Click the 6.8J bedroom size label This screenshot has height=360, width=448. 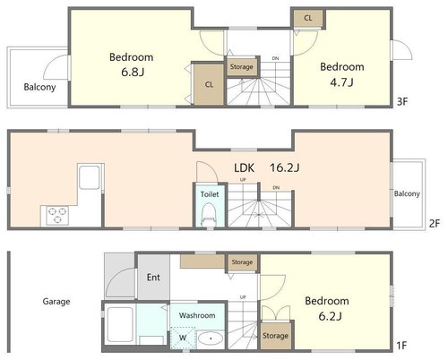tap(133, 73)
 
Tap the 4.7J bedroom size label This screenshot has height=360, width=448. tap(341, 81)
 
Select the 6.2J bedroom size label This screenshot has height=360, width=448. tap(330, 316)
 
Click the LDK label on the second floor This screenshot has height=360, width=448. tap(244, 167)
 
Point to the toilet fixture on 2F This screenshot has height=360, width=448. tap(209, 214)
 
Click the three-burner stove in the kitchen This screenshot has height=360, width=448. tap(57, 215)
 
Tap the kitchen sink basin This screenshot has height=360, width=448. tap(90, 177)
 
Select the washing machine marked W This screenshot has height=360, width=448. tap(183, 338)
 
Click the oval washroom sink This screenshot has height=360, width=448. tap(211, 339)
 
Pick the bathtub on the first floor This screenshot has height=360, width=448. tap(120, 324)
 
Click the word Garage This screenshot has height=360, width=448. tap(56, 302)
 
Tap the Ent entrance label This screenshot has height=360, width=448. tap(153, 278)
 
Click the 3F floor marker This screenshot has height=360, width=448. tap(402, 102)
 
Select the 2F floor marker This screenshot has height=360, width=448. tap(435, 223)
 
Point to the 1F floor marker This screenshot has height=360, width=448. tap(401, 346)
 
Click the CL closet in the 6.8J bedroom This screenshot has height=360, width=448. tap(209, 84)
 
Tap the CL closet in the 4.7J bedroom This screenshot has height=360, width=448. tap(308, 18)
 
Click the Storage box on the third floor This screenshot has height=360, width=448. tap(242, 67)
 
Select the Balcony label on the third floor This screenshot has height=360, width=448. tap(39, 87)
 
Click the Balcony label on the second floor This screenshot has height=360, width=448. tap(407, 193)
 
